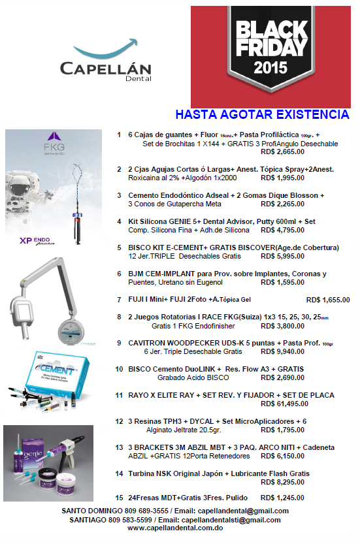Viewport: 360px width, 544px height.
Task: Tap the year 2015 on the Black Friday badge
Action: tap(270, 67)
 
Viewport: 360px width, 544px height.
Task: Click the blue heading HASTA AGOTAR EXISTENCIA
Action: tap(263, 114)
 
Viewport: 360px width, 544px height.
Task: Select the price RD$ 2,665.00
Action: tap(282, 152)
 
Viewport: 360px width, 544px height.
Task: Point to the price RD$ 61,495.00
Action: tap(284, 404)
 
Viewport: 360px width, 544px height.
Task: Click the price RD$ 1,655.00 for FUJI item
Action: tap(328, 300)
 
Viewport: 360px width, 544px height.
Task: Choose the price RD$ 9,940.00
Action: tap(282, 352)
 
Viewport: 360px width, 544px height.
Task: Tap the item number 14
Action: tap(119, 473)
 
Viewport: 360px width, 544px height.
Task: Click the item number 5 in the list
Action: tap(119, 248)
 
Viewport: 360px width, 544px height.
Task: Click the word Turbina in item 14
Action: tap(141, 473)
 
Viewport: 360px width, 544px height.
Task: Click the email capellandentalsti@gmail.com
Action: tap(231, 520)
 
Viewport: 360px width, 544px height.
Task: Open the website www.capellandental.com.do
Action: tap(175, 528)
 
